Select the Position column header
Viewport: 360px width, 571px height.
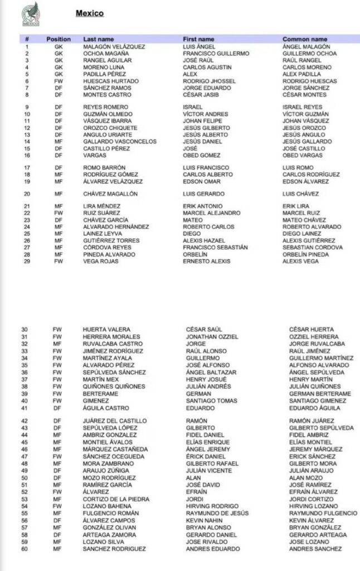click(59, 40)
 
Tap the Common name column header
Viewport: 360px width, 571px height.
click(305, 40)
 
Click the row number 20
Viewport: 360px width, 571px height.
click(27, 194)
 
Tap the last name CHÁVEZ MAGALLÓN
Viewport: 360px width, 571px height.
click(110, 194)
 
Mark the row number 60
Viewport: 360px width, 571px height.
click(25, 549)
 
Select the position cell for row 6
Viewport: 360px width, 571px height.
click(58, 81)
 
